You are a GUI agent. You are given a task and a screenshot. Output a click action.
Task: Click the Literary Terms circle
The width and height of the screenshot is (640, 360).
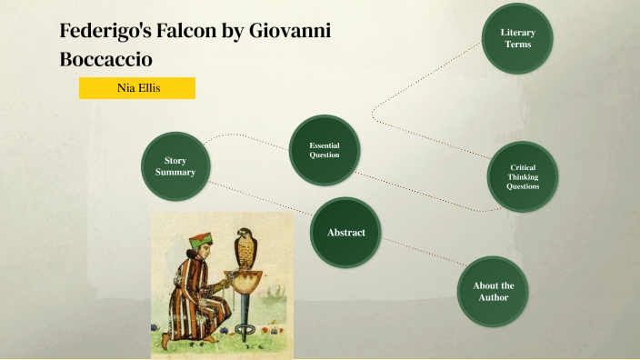pyautogui.click(x=517, y=38)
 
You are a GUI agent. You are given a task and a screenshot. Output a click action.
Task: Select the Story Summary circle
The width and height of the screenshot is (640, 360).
pyautogui.click(x=175, y=165)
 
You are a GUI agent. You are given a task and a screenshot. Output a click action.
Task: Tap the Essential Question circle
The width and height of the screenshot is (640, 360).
pyautogui.click(x=325, y=150)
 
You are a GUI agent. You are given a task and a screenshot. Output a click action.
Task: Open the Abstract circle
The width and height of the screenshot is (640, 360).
pyautogui.click(x=345, y=233)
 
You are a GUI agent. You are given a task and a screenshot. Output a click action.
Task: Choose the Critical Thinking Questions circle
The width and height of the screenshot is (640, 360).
pyautogui.click(x=523, y=176)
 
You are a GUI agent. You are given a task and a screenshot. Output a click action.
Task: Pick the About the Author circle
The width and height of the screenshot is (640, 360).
pyautogui.click(x=493, y=291)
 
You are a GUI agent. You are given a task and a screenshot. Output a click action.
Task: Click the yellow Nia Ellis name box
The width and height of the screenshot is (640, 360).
pyautogui.click(x=136, y=88)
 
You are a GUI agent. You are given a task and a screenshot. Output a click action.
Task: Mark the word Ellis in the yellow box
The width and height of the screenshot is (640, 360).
pyautogui.click(x=150, y=88)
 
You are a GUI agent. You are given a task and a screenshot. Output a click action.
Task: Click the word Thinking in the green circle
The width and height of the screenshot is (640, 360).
pyautogui.click(x=523, y=176)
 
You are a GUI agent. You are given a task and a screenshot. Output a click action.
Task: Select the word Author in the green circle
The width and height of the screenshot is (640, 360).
pyautogui.click(x=494, y=297)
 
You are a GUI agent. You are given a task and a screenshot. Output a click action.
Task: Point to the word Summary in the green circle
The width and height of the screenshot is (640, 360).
pyautogui.click(x=175, y=172)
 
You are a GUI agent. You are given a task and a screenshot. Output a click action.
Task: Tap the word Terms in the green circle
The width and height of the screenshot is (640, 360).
pyautogui.click(x=517, y=44)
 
